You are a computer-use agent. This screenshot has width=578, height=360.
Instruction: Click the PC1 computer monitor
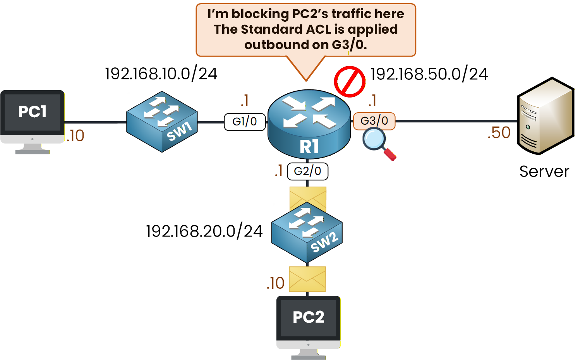(x=33, y=116)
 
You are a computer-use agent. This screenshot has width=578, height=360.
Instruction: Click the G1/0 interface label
(x=245, y=122)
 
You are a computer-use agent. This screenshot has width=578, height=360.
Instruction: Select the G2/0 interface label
(x=307, y=171)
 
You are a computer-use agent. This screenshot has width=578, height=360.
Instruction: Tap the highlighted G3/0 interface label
(x=374, y=121)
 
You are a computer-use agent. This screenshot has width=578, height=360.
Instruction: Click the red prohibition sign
(x=350, y=82)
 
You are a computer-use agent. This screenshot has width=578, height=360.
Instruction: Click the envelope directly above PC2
(x=307, y=279)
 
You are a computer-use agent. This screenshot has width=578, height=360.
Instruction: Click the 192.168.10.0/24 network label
(x=161, y=74)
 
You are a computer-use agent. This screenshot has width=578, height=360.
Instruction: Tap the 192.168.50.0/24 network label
(x=429, y=74)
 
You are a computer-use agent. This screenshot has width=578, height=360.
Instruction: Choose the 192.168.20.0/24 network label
(x=204, y=231)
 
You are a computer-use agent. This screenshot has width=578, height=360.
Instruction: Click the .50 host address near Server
(x=499, y=133)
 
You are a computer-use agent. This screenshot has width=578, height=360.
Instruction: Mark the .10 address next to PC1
(x=75, y=136)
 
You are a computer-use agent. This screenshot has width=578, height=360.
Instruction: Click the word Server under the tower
(x=544, y=171)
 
